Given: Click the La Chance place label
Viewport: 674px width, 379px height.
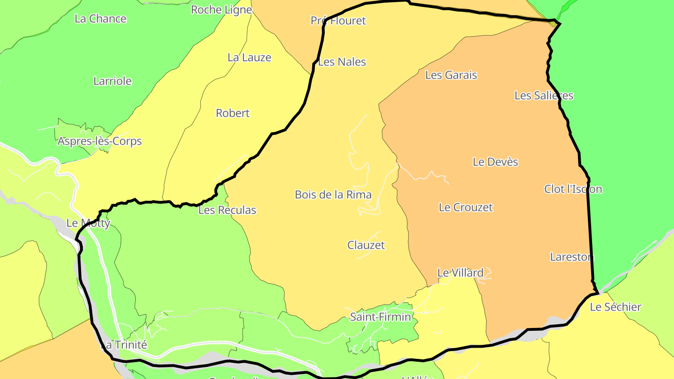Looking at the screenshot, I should (101, 19).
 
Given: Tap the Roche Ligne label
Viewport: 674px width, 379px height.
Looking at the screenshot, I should (221, 9).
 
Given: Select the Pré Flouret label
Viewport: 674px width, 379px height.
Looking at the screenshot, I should (338, 21).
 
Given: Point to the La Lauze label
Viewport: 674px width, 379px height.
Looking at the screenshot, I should (249, 58).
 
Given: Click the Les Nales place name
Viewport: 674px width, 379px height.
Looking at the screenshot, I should (342, 62).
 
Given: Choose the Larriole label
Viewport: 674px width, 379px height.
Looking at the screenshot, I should (113, 81).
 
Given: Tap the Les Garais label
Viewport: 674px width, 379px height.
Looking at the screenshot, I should (451, 75).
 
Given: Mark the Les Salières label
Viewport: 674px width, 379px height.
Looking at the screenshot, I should (544, 95).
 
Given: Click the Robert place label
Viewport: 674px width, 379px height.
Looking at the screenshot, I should (233, 113).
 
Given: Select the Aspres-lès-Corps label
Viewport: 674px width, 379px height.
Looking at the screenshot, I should (100, 141).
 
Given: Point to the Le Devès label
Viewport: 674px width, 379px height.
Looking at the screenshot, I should (496, 162).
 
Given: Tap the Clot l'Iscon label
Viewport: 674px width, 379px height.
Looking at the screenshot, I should (573, 189).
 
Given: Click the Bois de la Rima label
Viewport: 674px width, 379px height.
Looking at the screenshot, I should (333, 195).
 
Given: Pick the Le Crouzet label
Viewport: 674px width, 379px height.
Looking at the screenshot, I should (466, 207).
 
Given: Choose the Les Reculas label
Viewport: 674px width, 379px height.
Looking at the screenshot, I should (227, 210).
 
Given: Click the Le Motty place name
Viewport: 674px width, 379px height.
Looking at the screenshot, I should (88, 223).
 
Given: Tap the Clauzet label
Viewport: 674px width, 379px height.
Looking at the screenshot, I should (366, 245).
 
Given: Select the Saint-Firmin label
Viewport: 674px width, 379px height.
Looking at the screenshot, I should (381, 317).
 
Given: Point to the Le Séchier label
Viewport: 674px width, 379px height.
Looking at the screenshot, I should (615, 307).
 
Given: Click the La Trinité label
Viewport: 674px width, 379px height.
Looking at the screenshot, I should (125, 345).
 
